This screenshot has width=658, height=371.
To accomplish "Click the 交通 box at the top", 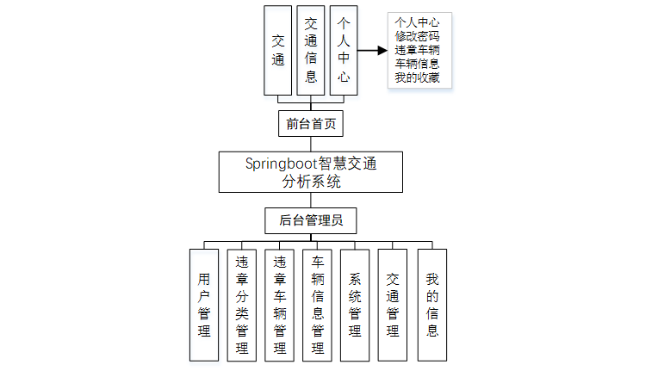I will click(x=278, y=51).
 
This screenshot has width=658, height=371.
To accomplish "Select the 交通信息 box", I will click(x=311, y=51).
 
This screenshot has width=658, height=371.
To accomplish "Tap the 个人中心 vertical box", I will click(x=343, y=51).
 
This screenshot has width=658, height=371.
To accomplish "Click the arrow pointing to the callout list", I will click(x=371, y=51).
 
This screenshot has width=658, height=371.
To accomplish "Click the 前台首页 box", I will click(x=311, y=123).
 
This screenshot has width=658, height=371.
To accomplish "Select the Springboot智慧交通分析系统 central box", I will click(x=311, y=172).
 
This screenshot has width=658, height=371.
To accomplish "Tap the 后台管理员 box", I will click(x=311, y=220).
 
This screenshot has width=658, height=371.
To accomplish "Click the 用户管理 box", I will click(x=204, y=305).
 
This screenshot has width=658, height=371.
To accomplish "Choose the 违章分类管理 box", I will click(x=242, y=305).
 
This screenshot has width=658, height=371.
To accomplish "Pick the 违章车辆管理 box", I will click(x=280, y=305).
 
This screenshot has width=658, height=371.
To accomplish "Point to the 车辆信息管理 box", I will click(x=318, y=305).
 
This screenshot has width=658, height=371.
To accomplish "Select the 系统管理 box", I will click(x=356, y=305).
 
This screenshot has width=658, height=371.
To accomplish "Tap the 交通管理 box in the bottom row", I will click(x=394, y=305).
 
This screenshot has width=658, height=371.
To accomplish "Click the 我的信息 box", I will click(x=432, y=305).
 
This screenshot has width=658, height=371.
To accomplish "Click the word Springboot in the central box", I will click(x=281, y=163).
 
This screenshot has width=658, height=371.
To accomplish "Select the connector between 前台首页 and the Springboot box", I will click(x=311, y=145).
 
